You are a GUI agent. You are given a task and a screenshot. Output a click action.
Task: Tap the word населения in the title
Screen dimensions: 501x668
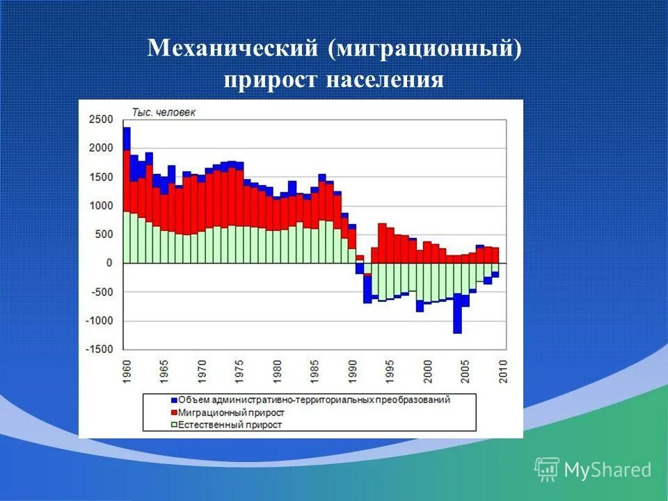[383, 79]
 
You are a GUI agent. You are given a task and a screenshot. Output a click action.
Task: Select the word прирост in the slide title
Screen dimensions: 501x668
[269, 79]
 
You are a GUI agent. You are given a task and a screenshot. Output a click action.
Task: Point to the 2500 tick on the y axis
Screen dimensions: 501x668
[100, 120]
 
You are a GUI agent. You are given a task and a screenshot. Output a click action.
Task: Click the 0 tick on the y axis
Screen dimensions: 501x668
[109, 263]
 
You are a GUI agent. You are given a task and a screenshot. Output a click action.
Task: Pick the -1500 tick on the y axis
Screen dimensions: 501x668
[99, 349]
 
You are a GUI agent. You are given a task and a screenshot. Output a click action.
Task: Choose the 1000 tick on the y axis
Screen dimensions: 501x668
[100, 206]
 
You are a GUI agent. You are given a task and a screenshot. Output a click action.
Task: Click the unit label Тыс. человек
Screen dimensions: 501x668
[164, 113]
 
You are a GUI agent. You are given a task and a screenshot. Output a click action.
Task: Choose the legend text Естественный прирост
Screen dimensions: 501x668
[230, 424]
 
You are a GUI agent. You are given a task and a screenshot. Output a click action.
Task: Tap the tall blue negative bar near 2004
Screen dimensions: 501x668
[457, 317]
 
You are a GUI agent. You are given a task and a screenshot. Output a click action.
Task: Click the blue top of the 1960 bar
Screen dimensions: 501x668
[127, 138]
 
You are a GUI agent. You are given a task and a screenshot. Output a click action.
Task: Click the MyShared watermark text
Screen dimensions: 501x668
[607, 470]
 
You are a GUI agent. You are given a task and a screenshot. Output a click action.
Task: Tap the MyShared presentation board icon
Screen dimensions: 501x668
[547, 469]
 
